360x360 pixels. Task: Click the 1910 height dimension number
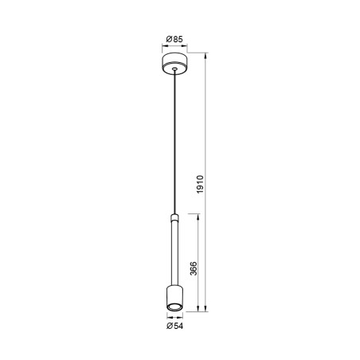point(202,186)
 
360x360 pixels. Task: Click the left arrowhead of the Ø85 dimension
point(162,46)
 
